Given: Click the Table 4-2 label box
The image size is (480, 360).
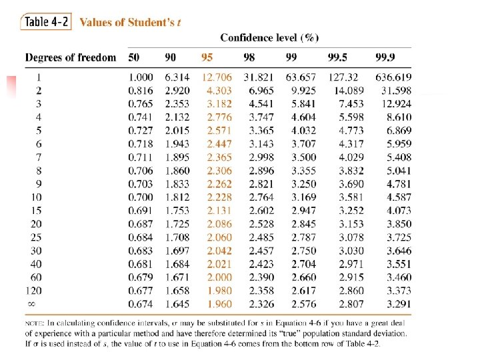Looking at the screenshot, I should pyautogui.click(x=46, y=21).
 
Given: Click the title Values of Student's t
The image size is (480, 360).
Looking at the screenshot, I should pyautogui.click(x=131, y=22).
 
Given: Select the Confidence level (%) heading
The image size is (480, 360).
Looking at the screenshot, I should pyautogui.click(x=269, y=37).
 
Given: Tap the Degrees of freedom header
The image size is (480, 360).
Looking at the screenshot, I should pyautogui.click(x=71, y=58).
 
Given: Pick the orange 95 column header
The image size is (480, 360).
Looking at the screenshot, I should pyautogui.click(x=207, y=58).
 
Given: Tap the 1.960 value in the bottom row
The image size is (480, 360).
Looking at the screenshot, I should pyautogui.click(x=219, y=304).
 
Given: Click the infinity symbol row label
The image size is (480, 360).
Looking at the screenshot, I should pyautogui.click(x=31, y=304).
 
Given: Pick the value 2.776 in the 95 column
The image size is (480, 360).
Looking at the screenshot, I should pyautogui.click(x=219, y=117).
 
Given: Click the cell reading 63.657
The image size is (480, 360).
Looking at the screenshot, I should pyautogui.click(x=301, y=77).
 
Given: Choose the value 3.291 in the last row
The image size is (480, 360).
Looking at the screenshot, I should pyautogui.click(x=398, y=304).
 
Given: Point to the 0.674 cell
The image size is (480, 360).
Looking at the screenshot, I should pyautogui.click(x=141, y=304).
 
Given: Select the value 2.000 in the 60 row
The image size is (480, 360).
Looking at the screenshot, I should pyautogui.click(x=219, y=277).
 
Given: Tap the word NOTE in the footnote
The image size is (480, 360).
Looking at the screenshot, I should pyautogui.click(x=35, y=323).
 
